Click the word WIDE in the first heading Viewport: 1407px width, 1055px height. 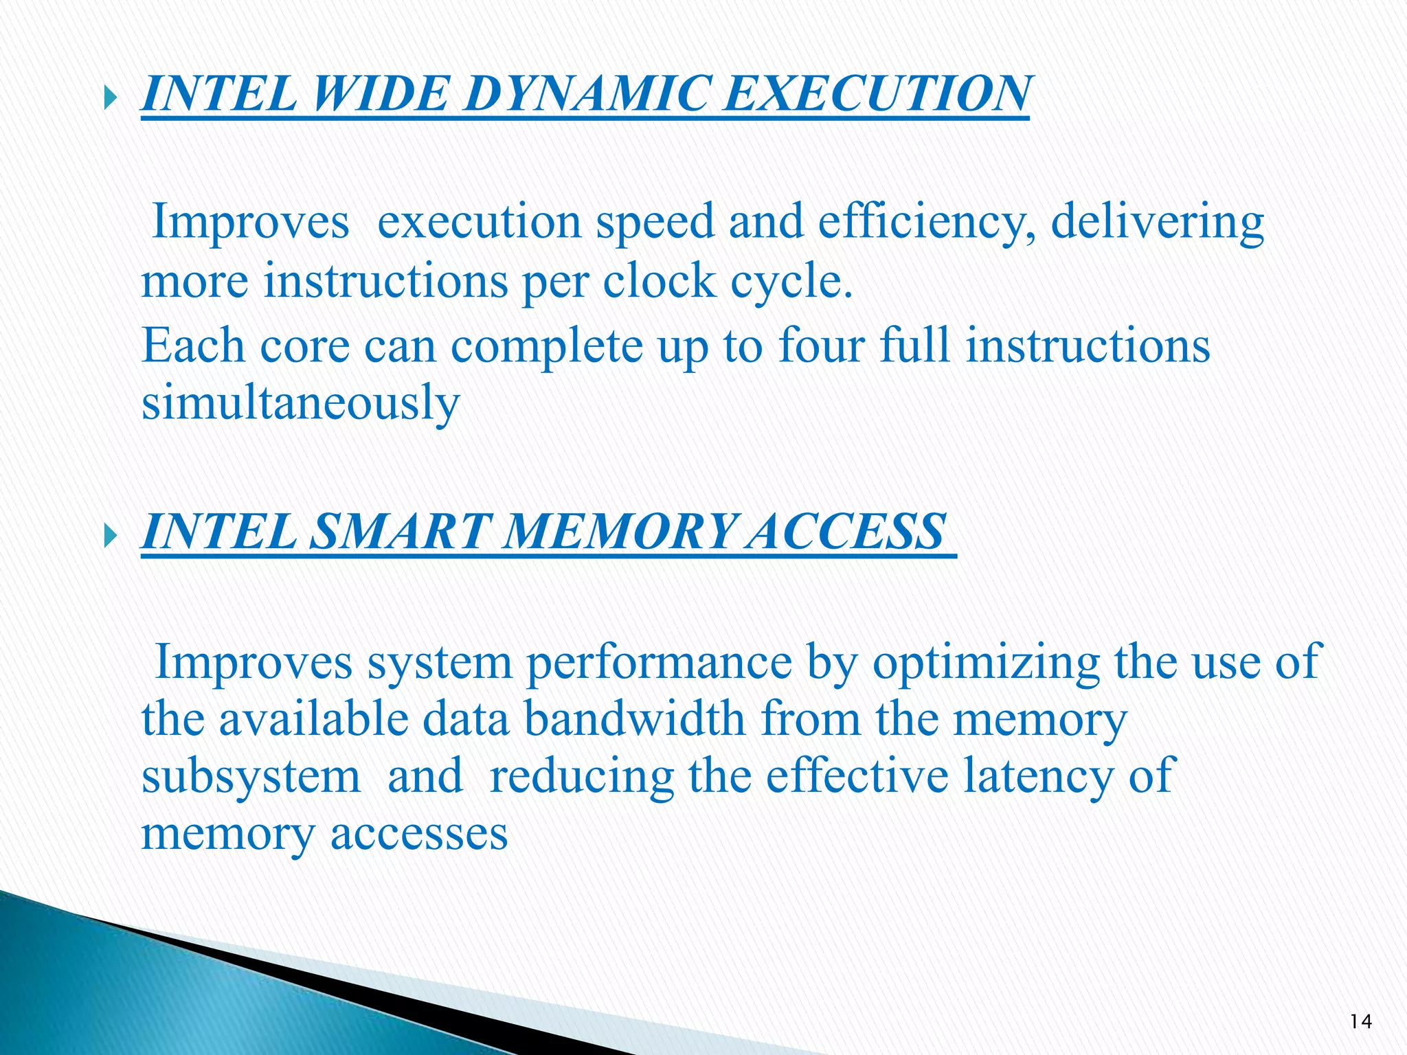tap(380, 93)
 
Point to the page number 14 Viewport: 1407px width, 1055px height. tap(1360, 1021)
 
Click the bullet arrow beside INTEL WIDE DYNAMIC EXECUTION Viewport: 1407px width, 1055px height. tap(112, 100)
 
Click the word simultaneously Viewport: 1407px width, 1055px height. tap(300, 404)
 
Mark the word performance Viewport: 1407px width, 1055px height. tap(659, 663)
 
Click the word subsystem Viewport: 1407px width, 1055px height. tap(251, 778)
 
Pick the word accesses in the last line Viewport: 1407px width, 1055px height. tap(419, 834)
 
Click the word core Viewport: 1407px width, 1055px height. tap(304, 345)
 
